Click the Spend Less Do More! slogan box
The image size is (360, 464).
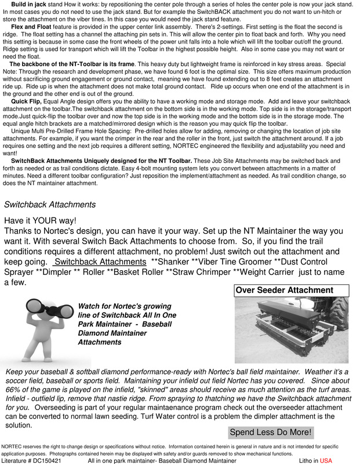point(271,432)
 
